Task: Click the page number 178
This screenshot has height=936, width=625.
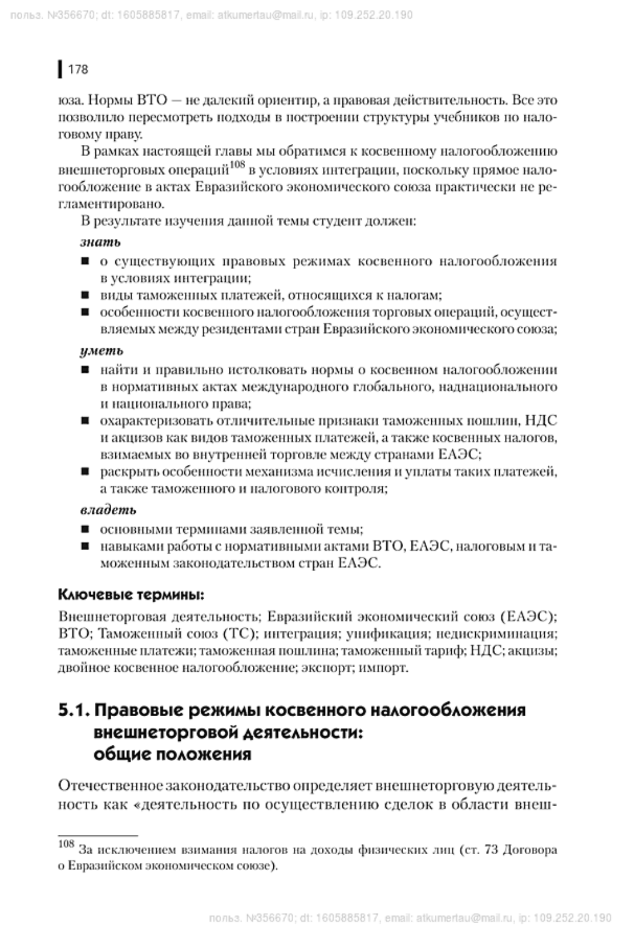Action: [78, 70]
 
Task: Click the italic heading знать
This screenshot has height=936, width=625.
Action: [100, 242]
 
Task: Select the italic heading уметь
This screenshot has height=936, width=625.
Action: [102, 351]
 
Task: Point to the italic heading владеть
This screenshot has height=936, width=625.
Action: [108, 510]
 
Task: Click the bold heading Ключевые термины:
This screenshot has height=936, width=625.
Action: [131, 595]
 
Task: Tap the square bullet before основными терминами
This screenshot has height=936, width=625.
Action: [85, 530]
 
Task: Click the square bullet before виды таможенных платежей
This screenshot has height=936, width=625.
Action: [85, 296]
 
